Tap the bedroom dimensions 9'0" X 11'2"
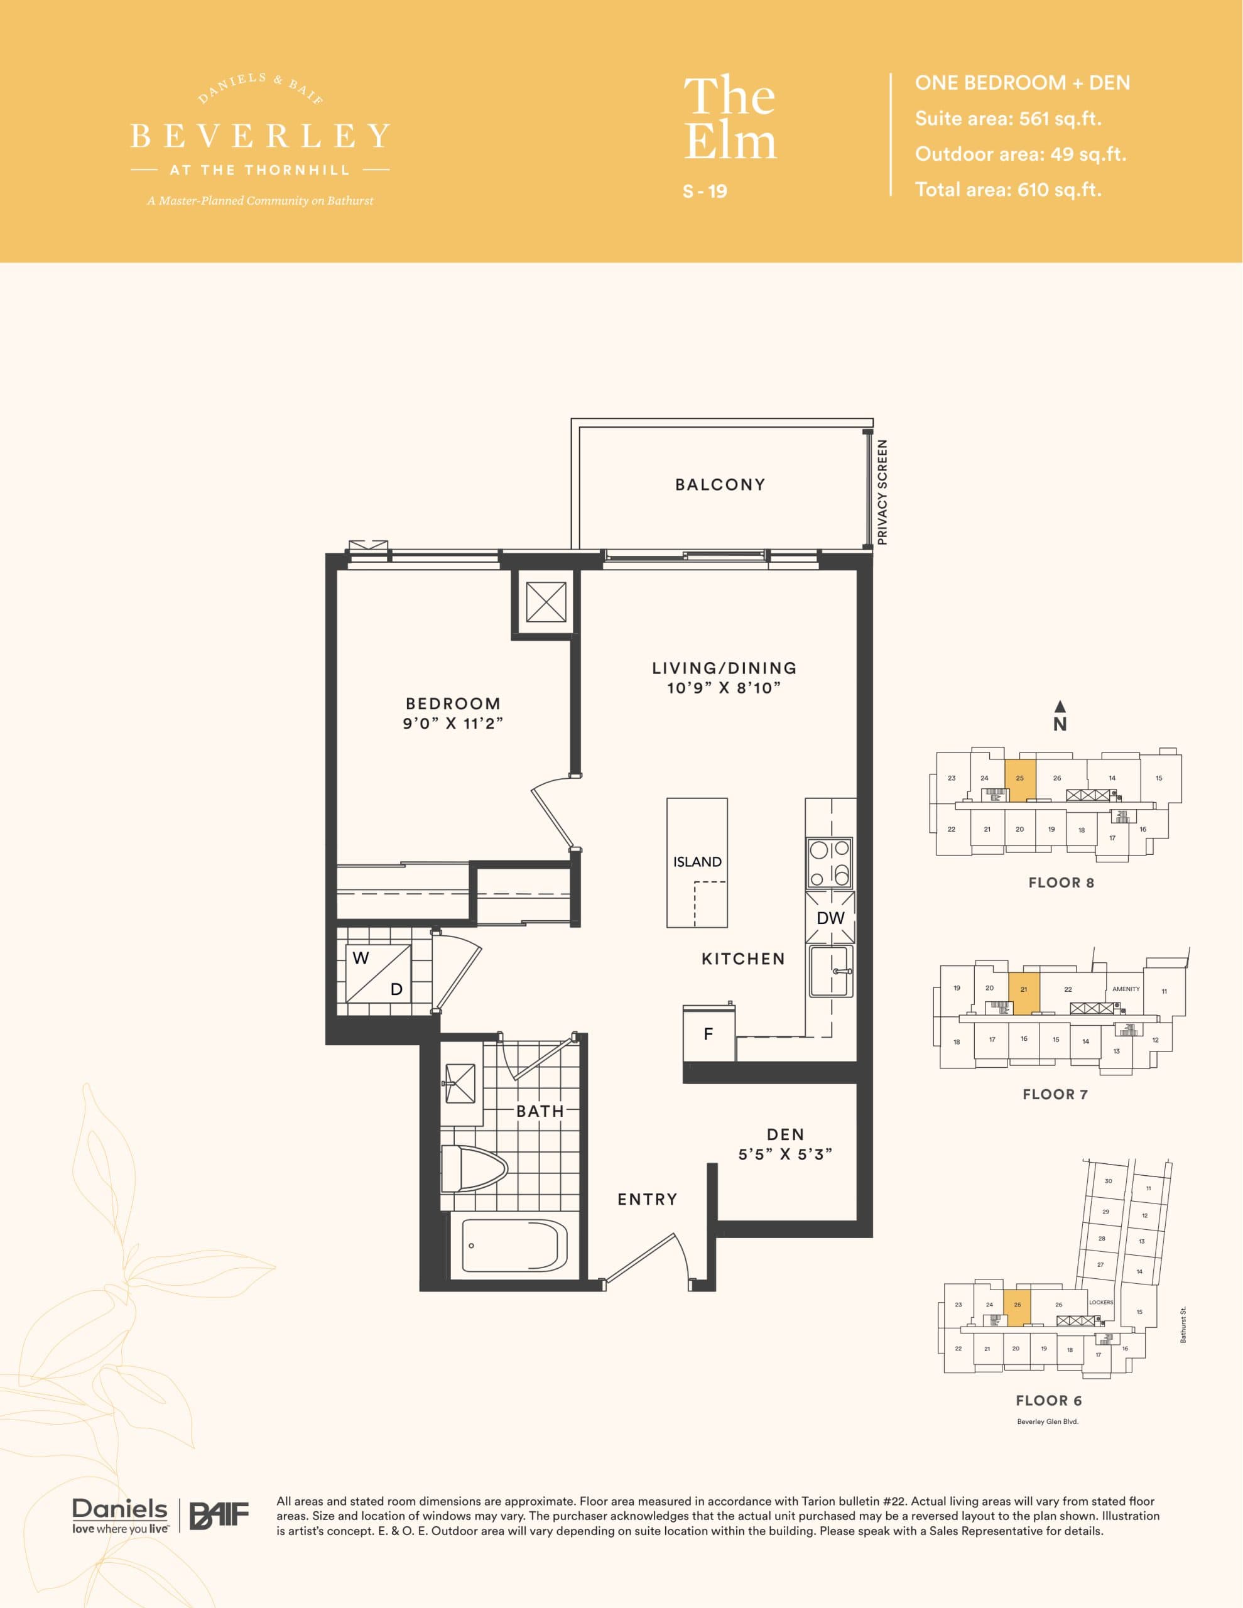[x=452, y=724]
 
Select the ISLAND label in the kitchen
[x=697, y=861]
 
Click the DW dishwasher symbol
[x=830, y=918]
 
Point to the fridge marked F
[x=708, y=1035]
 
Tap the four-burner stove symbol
[x=829, y=863]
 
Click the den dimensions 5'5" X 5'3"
[x=785, y=1154]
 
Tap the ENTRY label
[x=648, y=1199]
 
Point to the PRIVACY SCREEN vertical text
[x=882, y=492]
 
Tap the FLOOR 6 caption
[x=1048, y=1400]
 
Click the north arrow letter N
[x=1060, y=724]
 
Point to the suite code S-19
[x=705, y=192]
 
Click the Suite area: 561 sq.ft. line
[x=1007, y=119]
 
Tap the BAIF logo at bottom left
[x=219, y=1516]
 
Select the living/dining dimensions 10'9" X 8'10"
[x=723, y=688]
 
